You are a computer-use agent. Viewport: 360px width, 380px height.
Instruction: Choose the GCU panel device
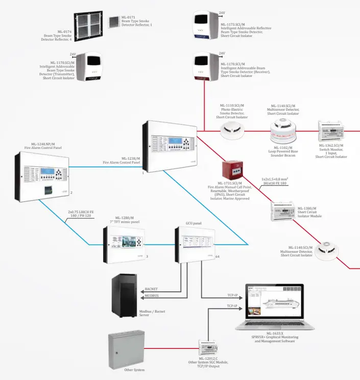click(195, 244)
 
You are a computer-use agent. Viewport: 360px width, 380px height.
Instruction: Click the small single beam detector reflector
click(113, 22)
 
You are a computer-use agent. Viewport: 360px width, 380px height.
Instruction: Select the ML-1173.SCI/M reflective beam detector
click(206, 25)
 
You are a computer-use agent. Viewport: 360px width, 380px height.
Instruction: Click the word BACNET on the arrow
click(152, 289)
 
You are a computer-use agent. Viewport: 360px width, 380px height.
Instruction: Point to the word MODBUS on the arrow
click(152, 296)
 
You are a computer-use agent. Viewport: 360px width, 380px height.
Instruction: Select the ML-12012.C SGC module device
click(210, 349)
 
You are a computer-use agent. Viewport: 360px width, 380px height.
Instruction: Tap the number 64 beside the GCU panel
click(218, 257)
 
